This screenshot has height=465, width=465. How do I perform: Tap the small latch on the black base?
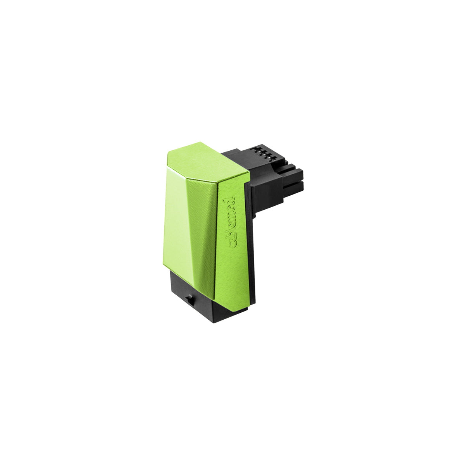(x=190, y=300)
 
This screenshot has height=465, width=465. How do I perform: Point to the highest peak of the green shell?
(x=201, y=142)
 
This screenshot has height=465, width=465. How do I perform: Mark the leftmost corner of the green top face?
(x=167, y=152)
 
